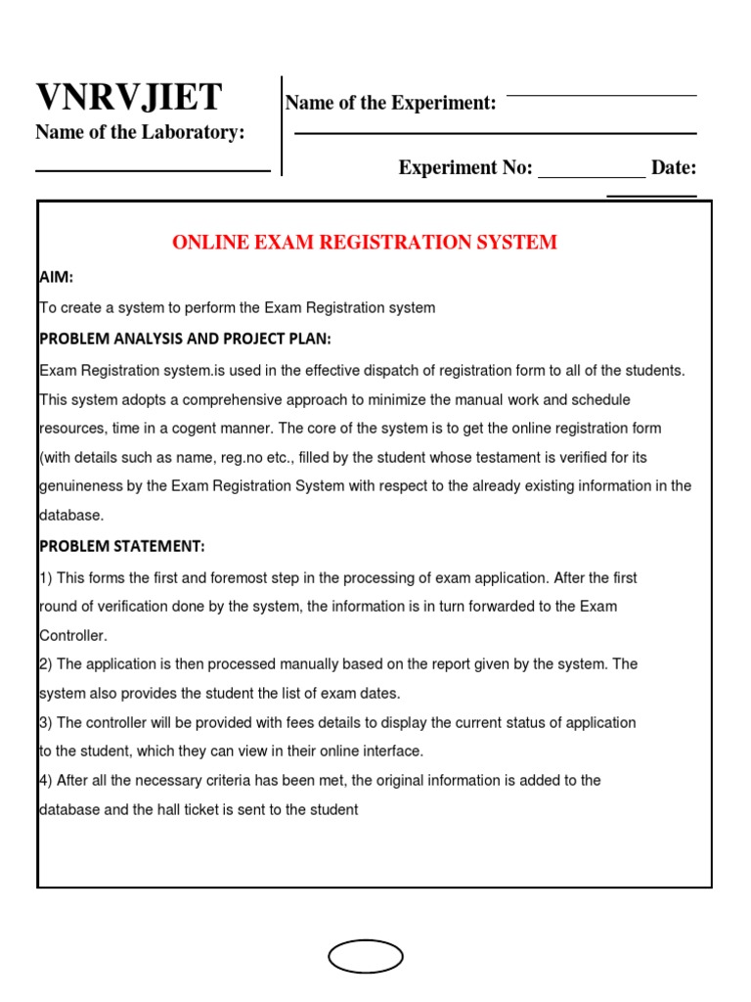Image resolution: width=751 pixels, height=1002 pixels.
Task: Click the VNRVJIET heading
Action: pyautogui.click(x=129, y=98)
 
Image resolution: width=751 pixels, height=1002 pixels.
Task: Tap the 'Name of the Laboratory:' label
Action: pyautogui.click(x=140, y=133)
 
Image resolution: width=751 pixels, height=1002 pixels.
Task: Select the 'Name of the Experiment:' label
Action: pyautogui.click(x=390, y=104)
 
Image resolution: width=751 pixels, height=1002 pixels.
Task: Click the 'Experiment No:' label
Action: pyautogui.click(x=464, y=167)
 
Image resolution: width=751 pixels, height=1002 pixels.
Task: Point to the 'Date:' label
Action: pyautogui.click(x=674, y=167)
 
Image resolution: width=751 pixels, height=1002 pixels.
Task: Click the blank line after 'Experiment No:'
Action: pyautogui.click(x=592, y=177)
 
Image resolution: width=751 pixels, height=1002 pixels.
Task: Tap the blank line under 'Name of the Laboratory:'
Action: pyautogui.click(x=153, y=171)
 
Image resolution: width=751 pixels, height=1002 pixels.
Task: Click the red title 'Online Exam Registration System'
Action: pyautogui.click(x=365, y=243)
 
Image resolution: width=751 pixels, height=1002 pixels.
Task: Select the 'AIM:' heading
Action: pyautogui.click(x=57, y=278)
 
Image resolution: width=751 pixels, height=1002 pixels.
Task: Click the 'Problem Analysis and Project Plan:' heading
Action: pyautogui.click(x=185, y=339)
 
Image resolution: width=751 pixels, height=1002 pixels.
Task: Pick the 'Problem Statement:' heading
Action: pyautogui.click(x=122, y=546)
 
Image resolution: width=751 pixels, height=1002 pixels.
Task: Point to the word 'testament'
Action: pyautogui.click(x=504, y=457)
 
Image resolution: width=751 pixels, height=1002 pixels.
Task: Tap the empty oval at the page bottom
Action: pyautogui.click(x=366, y=957)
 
